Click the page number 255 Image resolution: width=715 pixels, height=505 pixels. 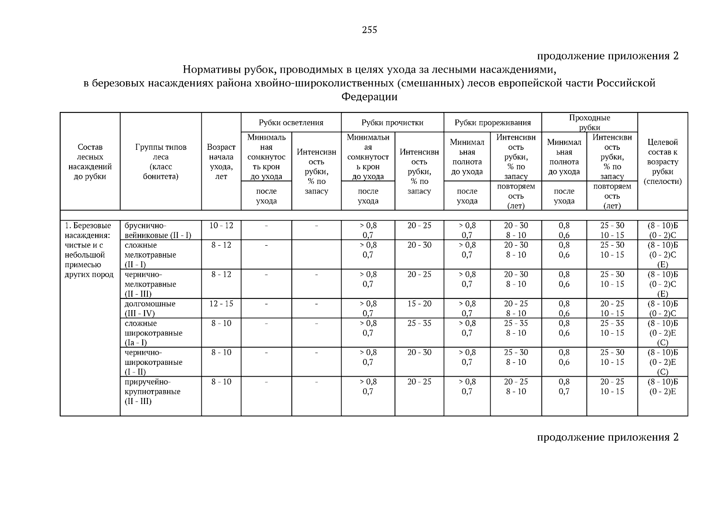tap(369, 30)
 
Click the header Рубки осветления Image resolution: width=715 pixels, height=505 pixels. tap(291, 122)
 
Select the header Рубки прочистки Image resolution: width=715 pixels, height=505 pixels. tap(392, 122)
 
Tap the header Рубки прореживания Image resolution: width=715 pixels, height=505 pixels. tap(492, 122)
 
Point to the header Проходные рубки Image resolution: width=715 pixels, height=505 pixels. tap(589, 122)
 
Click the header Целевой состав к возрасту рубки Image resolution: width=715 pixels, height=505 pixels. tap(662, 162)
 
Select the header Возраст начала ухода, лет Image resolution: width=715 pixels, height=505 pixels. tap(221, 162)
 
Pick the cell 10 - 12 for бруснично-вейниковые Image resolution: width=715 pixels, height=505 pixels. tap(221, 226)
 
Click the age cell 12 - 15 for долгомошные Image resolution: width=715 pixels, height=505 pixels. tap(221, 304)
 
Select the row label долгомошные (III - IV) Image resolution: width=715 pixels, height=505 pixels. tap(150, 308)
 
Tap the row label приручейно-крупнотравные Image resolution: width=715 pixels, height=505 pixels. tap(152, 391)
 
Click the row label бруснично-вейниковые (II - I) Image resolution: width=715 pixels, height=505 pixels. tap(157, 230)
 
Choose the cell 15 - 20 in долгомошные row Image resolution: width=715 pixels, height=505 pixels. tap(419, 304)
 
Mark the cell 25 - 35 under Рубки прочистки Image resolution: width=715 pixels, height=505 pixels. tap(419, 323)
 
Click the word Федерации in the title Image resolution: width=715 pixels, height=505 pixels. tap(369, 97)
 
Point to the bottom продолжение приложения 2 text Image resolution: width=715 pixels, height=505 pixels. tap(607, 437)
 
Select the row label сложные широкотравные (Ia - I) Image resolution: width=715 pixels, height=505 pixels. tap(153, 333)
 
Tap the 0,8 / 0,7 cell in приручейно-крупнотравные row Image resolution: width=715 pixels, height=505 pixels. tap(564, 386)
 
